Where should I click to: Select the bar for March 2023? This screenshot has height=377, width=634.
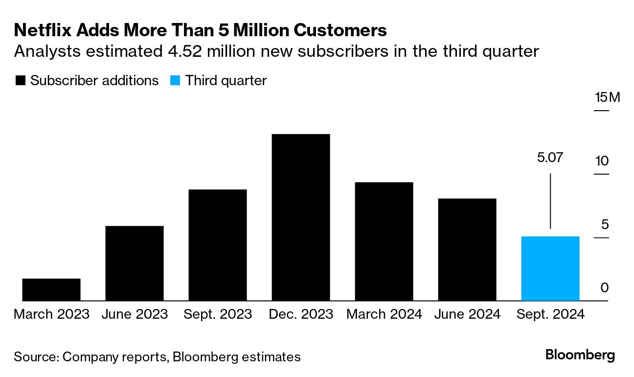click(51, 289)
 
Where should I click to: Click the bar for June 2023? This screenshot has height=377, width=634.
click(135, 263)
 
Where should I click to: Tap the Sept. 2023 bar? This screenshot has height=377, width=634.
click(218, 245)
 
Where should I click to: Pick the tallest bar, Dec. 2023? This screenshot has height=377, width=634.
click(301, 217)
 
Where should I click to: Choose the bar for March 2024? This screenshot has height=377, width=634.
click(384, 241)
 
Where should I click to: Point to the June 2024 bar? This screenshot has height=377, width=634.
click(467, 250)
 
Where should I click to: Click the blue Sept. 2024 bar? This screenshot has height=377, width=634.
click(550, 268)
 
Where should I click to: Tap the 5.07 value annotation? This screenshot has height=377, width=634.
click(550, 158)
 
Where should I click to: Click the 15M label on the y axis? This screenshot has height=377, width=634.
click(607, 97)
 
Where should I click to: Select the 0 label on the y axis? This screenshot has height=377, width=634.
click(605, 287)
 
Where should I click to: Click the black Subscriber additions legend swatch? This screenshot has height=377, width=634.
click(21, 81)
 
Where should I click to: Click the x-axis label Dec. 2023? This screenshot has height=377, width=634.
click(301, 314)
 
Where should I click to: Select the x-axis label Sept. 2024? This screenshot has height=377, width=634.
click(550, 314)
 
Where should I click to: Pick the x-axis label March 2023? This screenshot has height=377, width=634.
click(51, 314)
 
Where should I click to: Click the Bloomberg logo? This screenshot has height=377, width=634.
click(580, 355)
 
